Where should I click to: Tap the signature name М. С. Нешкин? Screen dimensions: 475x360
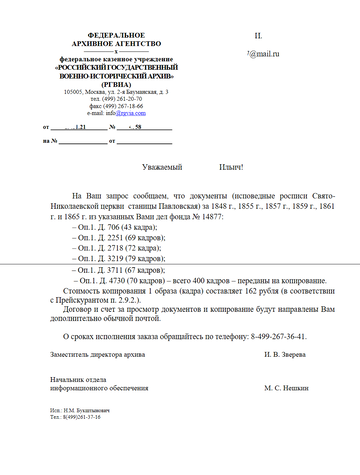(x=287, y=386)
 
